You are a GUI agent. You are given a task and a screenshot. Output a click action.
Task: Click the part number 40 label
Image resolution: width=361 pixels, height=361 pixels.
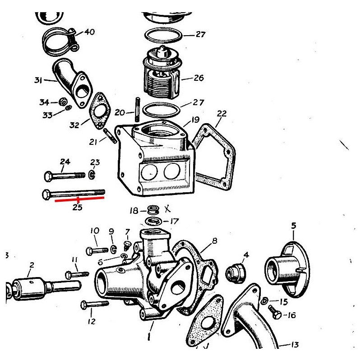(89, 32)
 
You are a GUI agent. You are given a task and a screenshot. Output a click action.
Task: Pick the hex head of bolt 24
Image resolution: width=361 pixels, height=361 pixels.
(49, 175)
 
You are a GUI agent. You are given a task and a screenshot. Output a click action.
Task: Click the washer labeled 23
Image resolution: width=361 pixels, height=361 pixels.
(92, 174)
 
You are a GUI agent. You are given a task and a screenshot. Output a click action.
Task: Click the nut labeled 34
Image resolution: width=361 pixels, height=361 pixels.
(64, 101)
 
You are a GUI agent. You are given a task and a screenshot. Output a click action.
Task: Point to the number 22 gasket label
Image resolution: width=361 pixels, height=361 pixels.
(222, 113)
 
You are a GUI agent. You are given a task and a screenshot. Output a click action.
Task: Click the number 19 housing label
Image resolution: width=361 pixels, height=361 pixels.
(195, 120)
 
